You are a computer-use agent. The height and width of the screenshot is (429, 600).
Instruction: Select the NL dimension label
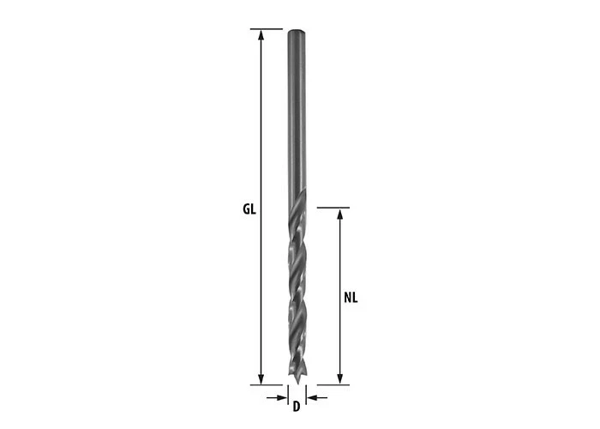click(350, 298)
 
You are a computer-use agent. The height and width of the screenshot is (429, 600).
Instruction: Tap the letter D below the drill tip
click(295, 406)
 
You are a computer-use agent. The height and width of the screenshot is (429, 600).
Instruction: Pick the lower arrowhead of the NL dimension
click(340, 379)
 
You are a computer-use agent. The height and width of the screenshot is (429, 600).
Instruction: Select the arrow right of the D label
click(313, 398)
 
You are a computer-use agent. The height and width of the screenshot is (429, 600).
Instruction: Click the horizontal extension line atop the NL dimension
click(334, 208)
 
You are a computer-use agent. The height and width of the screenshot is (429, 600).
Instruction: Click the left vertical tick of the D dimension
click(285, 396)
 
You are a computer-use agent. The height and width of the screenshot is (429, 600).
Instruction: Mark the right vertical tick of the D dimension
click(304, 396)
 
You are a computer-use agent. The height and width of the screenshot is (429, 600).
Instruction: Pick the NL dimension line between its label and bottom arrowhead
click(340, 343)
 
